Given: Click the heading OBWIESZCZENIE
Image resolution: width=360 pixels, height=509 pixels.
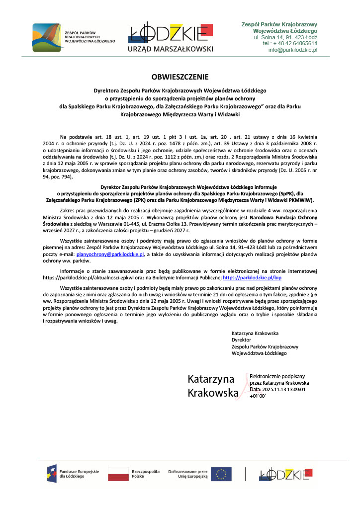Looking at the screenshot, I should tap(180, 77).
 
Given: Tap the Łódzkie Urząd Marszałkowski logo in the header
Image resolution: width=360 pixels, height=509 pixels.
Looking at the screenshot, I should tap(171, 37).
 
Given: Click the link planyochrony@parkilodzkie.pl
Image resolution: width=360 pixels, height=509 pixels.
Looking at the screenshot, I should tap(110, 254).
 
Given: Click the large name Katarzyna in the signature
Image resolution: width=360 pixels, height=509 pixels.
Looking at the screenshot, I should tap(211, 379).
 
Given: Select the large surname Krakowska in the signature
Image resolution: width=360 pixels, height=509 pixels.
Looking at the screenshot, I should tap(213, 393).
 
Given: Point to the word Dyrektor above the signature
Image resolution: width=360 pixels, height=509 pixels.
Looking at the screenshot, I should tap(242, 340).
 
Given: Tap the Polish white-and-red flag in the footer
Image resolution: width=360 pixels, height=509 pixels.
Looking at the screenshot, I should tap(118, 474).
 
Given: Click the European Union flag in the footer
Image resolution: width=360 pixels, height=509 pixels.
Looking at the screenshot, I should tap(221, 474).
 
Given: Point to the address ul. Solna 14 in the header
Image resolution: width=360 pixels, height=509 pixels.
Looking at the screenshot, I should tap(272, 37).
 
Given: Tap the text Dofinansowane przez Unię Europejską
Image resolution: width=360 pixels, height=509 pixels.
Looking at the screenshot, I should tap(187, 474).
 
